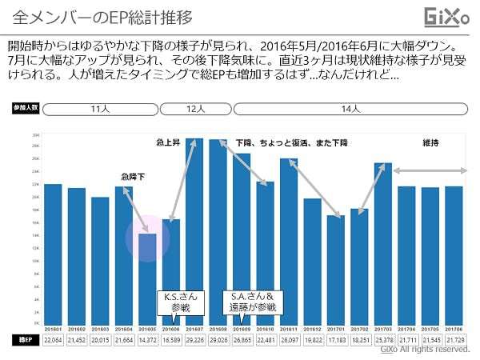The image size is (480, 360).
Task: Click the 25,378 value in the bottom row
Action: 383,340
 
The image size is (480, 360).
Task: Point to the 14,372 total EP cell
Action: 147,340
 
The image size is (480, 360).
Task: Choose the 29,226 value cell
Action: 194,340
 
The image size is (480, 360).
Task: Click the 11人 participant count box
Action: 100,108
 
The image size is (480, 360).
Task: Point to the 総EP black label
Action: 25,340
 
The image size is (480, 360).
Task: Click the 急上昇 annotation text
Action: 168,143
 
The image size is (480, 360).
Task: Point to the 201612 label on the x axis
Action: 313,328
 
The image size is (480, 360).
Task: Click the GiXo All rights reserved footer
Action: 425,350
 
